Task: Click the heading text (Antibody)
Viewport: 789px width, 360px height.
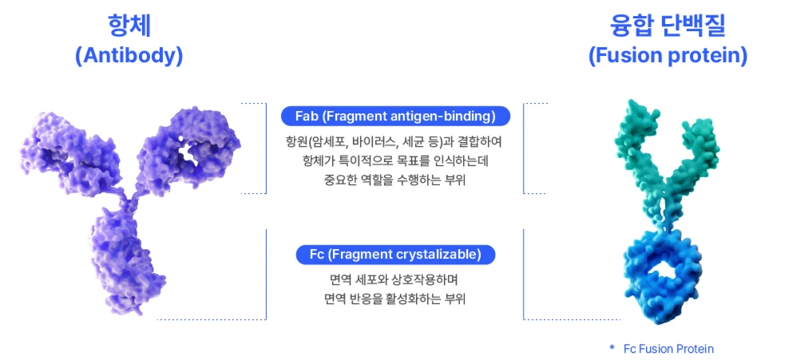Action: point(129,57)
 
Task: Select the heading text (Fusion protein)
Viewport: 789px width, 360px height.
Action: point(668,57)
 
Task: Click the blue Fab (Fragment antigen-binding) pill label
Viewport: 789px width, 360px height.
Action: point(395,117)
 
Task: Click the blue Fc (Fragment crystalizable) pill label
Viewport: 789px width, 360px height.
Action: point(395,255)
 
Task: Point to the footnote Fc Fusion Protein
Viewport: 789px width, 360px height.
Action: point(668,349)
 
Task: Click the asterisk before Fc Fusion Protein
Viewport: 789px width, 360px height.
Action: point(612,347)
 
